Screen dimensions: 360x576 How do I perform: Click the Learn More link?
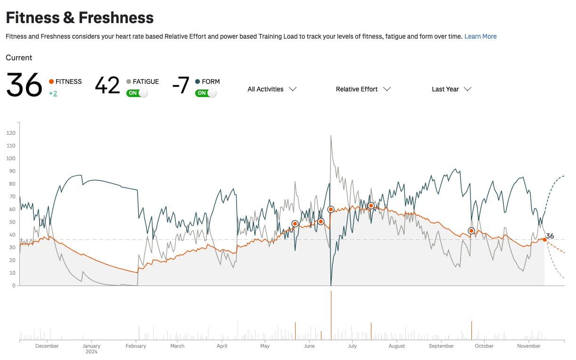(x=480, y=36)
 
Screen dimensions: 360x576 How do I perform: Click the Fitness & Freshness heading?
(x=80, y=18)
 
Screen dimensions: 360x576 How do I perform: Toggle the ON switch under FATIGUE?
(x=137, y=93)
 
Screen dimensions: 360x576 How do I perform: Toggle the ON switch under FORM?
(x=206, y=93)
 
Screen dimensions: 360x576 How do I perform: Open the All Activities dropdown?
(x=272, y=89)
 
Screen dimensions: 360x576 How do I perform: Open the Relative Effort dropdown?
(x=363, y=89)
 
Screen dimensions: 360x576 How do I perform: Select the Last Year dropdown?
(x=452, y=89)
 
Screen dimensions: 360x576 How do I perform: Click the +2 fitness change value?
(x=53, y=93)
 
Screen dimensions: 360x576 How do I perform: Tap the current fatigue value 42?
(x=107, y=86)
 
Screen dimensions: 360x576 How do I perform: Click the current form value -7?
(x=181, y=86)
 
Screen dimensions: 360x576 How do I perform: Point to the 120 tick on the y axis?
(x=11, y=133)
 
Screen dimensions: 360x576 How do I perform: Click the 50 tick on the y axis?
(x=12, y=222)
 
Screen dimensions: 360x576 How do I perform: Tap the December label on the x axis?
(x=47, y=346)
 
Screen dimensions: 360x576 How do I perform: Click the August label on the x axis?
(x=397, y=346)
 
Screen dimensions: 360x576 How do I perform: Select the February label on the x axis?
(x=136, y=346)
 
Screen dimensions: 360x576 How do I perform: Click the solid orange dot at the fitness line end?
(x=544, y=239)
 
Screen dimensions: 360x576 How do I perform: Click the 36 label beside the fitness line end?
(x=550, y=236)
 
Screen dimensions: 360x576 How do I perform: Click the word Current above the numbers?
(x=19, y=57)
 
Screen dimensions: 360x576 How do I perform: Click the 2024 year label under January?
(x=91, y=352)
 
